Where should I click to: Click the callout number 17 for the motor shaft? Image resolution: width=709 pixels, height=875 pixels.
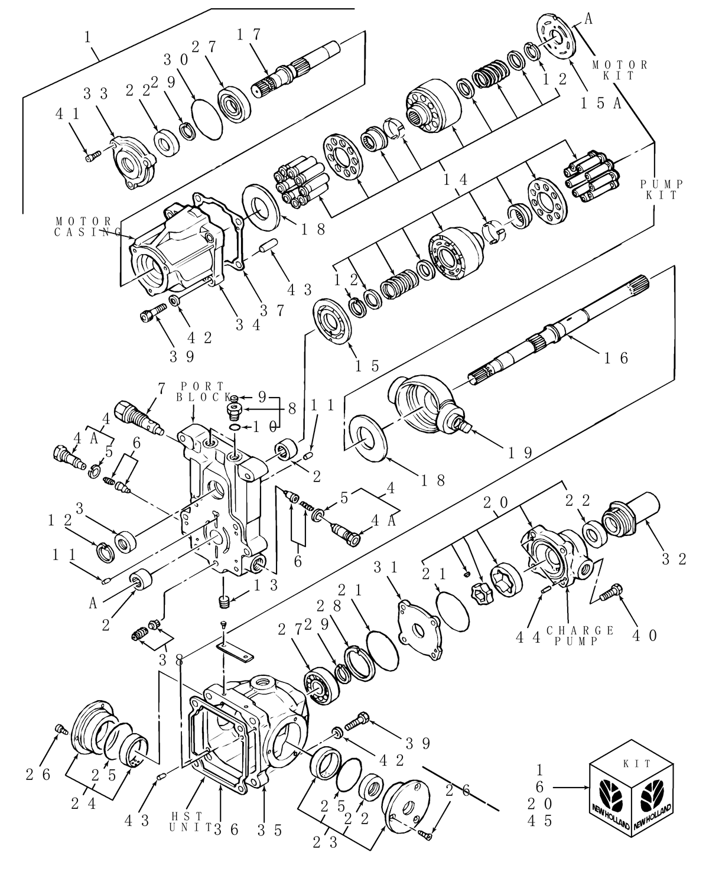[248, 35]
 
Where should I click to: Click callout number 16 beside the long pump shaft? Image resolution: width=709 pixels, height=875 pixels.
[616, 357]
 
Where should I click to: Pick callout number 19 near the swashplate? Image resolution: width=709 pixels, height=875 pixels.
[521, 453]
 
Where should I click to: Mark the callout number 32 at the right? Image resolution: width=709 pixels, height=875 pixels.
[675, 559]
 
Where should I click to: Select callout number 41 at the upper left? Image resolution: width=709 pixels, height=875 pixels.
[67, 113]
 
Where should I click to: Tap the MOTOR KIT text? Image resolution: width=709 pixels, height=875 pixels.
[620, 70]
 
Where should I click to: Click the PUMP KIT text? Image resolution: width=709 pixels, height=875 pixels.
[661, 190]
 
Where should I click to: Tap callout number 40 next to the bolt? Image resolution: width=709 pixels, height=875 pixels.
[645, 636]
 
